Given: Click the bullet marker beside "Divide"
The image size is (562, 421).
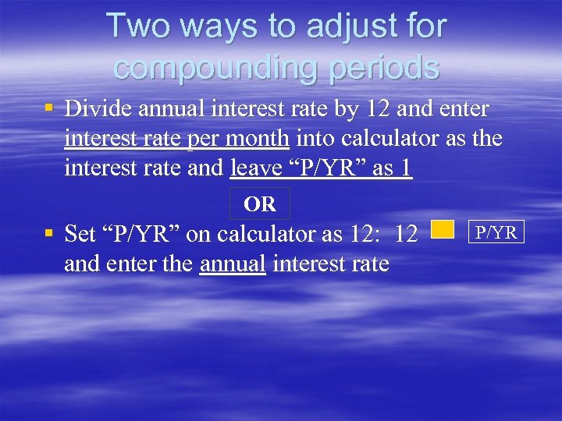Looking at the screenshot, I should pyautogui.click(x=49, y=108).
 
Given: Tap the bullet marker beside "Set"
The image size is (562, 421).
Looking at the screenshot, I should pyautogui.click(x=49, y=233).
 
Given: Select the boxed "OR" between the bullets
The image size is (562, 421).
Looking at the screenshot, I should pyautogui.click(x=260, y=204).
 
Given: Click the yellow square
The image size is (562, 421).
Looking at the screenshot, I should pyautogui.click(x=443, y=228).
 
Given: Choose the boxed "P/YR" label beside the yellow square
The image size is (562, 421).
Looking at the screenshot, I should pyautogui.click(x=496, y=232).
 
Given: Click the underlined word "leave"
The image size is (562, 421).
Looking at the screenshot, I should pyautogui.click(x=254, y=168).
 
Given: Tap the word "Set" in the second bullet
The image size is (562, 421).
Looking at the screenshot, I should pyautogui.click(x=80, y=233).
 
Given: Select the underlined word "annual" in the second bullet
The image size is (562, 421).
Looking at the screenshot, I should pyautogui.click(x=233, y=264).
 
